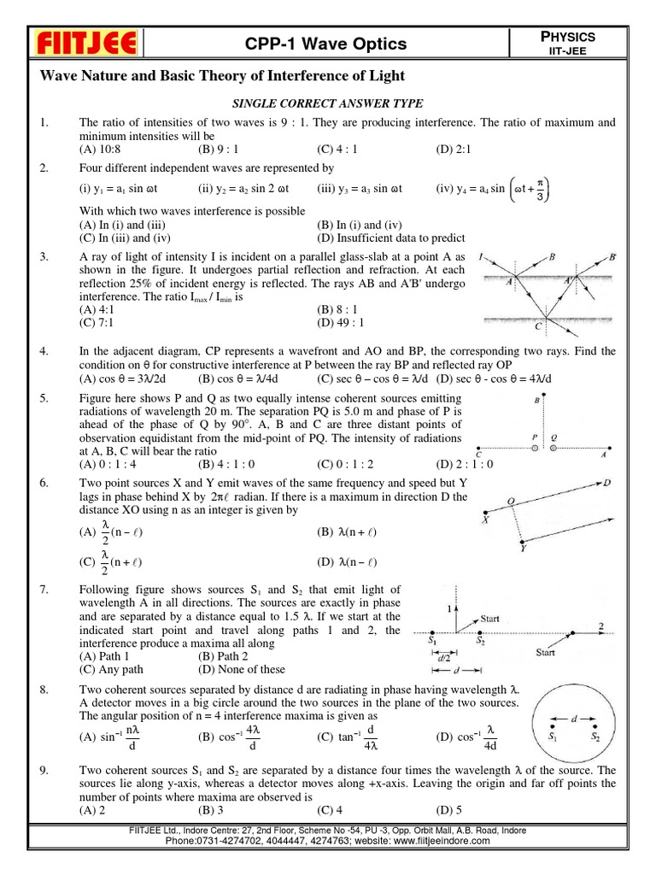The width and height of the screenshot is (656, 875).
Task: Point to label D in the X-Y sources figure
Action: tap(606, 483)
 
